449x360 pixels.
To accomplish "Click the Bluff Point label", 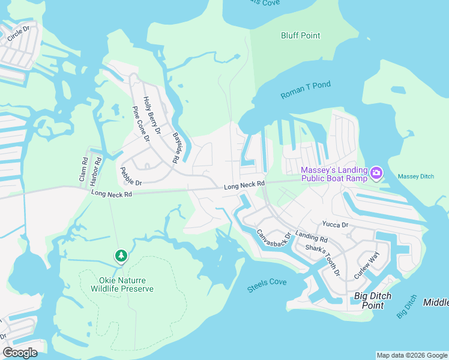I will click(x=301, y=35).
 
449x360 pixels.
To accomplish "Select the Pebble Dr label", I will click(x=130, y=175).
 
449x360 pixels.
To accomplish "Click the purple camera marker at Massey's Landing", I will click(x=376, y=173).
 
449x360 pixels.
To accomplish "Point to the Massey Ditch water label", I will click(x=415, y=176).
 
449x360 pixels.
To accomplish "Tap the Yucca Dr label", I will click(x=336, y=224).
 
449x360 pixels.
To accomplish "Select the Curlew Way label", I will click(x=367, y=265).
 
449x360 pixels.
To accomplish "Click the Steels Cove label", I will click(x=267, y=286).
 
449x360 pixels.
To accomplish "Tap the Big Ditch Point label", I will click(x=373, y=300).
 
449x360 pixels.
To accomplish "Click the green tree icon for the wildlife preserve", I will click(x=121, y=256).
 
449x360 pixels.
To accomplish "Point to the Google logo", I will click(x=20, y=352).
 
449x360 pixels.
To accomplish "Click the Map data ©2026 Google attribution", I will click(x=412, y=355).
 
